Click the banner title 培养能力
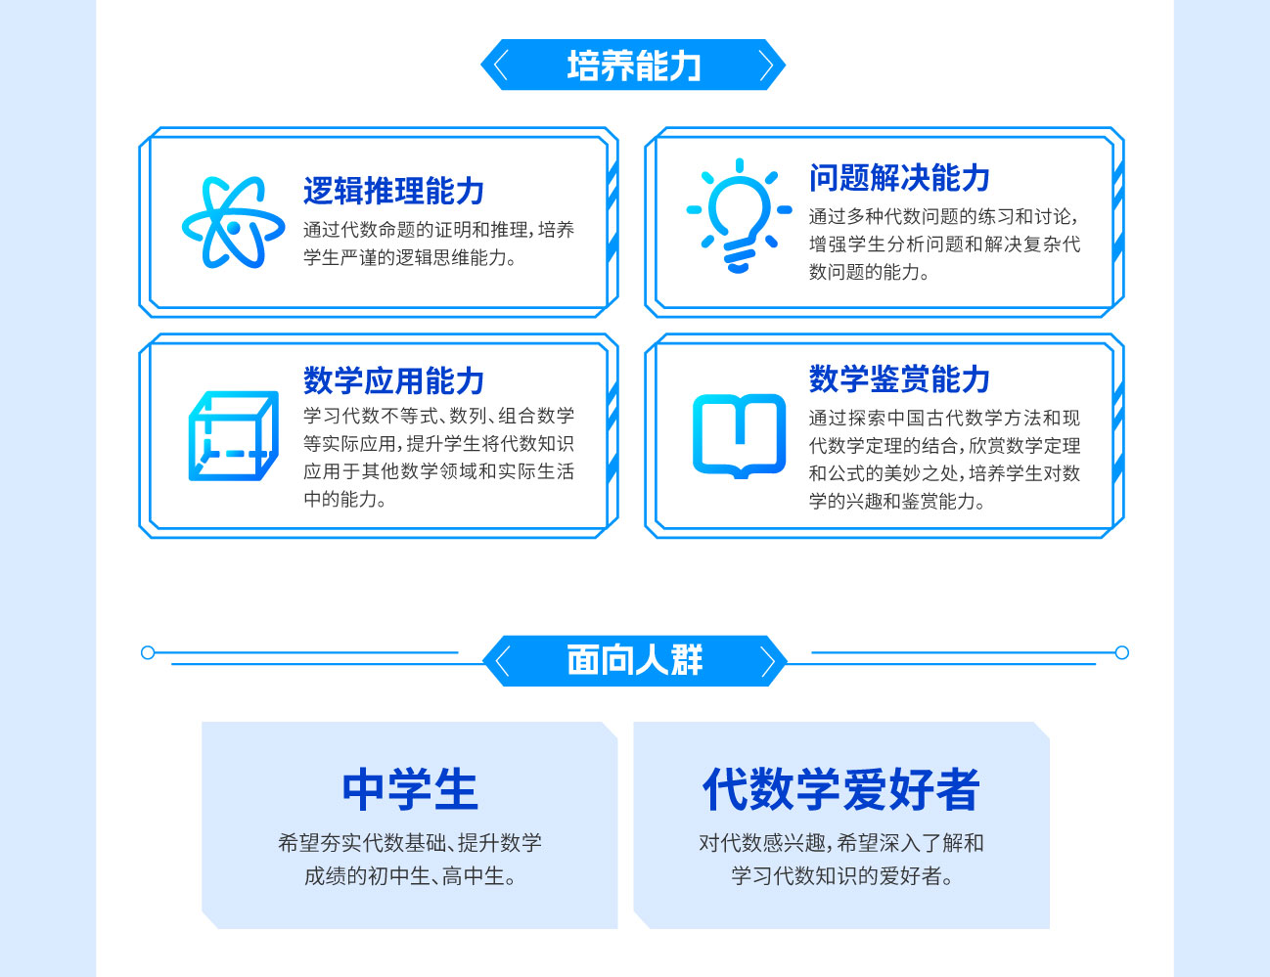click(x=634, y=65)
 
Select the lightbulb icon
click(x=739, y=215)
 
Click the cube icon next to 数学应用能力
click(x=233, y=435)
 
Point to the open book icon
click(x=739, y=436)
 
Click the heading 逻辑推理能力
click(x=394, y=191)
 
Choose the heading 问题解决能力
click(x=899, y=178)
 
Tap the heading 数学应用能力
click(x=394, y=380)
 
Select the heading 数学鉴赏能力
click(x=899, y=378)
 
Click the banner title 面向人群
click(x=635, y=660)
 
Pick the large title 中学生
click(x=410, y=789)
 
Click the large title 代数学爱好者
click(x=841, y=789)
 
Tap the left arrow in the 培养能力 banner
click(x=500, y=65)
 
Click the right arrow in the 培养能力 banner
click(x=766, y=65)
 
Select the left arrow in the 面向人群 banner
click(x=502, y=661)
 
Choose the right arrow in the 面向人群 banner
click(x=768, y=661)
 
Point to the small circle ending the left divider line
click(x=148, y=652)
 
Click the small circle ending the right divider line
click(x=1121, y=652)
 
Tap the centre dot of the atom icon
click(x=233, y=227)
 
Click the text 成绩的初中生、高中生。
click(x=410, y=876)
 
